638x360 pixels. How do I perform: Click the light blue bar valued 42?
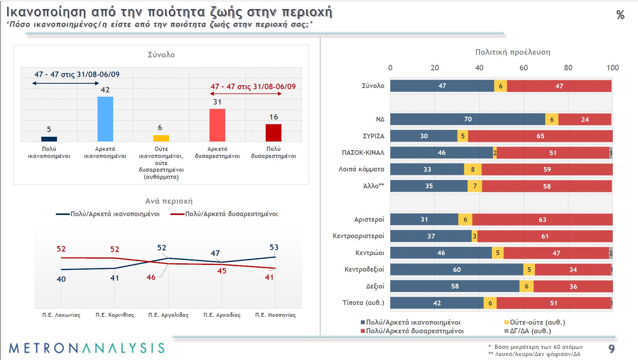[x=105, y=119]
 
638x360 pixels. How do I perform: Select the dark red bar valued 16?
[x=274, y=133]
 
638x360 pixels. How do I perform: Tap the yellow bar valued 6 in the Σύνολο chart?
[x=161, y=138]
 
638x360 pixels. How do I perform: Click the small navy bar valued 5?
[x=49, y=139]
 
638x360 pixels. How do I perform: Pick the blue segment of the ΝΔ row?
[x=468, y=119]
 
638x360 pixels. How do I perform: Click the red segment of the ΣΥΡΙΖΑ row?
[x=540, y=136]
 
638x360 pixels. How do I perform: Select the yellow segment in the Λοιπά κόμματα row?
[x=473, y=169]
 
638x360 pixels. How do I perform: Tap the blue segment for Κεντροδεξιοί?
[x=456, y=270]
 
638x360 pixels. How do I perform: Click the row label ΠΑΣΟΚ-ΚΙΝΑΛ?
[x=363, y=152]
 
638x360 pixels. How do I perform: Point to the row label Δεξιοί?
[x=375, y=286]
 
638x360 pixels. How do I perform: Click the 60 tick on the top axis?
[x=524, y=68]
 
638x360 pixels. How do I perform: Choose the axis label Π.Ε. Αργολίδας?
[x=168, y=315]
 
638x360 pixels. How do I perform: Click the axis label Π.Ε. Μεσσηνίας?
[x=275, y=315]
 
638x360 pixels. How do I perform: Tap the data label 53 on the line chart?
[x=274, y=247]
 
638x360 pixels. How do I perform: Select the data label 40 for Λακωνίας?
[x=61, y=279]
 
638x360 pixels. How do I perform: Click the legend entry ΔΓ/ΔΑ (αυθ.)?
[x=528, y=331]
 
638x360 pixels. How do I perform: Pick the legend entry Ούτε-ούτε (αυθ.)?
[x=535, y=322]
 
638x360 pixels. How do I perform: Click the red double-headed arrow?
[x=246, y=94]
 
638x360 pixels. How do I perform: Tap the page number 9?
[x=612, y=349]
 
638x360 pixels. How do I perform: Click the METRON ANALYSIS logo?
[x=86, y=348]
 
